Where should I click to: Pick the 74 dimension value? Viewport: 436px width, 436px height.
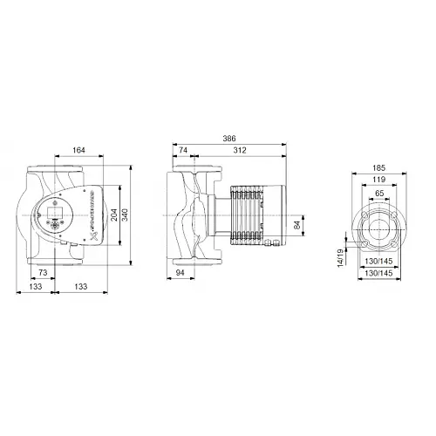click(x=183, y=149)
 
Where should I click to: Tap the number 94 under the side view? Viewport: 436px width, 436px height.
click(x=178, y=274)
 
